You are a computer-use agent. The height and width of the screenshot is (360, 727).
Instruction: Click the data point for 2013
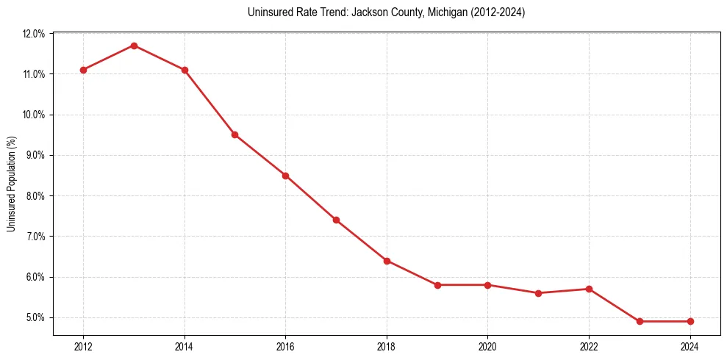point(134,46)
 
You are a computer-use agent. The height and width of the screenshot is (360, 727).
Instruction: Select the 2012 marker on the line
point(83,70)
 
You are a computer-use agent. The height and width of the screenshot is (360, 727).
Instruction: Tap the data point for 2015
point(234,134)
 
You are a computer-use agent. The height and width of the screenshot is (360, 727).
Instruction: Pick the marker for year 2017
point(336,220)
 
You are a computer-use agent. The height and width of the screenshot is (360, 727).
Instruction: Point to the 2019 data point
point(437,285)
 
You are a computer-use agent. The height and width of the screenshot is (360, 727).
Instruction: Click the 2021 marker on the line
point(538,293)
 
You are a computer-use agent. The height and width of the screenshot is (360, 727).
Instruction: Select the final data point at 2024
point(690,321)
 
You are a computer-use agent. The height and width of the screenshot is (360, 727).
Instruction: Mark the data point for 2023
point(640,321)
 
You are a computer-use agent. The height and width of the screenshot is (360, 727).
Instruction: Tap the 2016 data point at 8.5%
point(285,176)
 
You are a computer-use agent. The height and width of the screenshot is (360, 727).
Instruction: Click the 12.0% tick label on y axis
point(34,34)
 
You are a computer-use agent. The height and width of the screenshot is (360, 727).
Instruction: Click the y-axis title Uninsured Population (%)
point(11,184)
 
